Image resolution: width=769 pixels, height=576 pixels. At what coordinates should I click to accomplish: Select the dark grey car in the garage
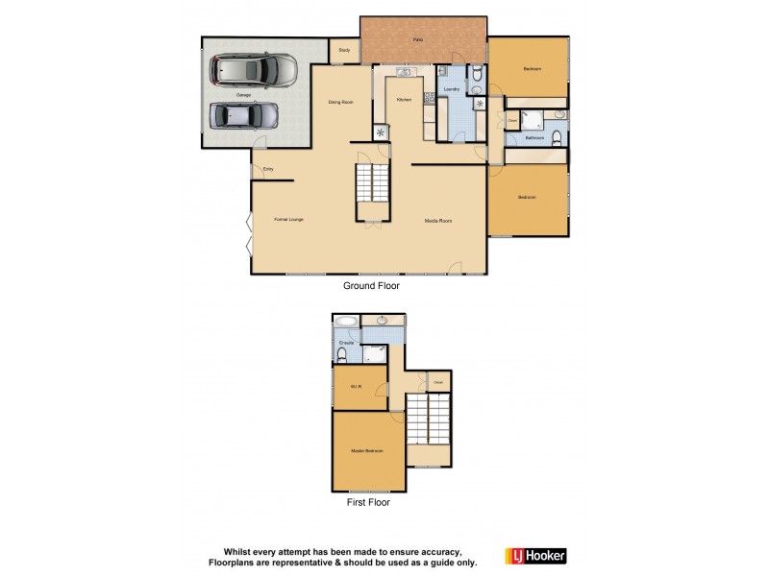[x=245, y=115]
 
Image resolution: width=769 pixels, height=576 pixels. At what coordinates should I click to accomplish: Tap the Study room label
[x=343, y=49]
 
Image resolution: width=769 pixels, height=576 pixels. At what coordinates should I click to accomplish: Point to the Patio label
[x=418, y=39]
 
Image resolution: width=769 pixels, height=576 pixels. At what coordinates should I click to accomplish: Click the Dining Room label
[x=342, y=101]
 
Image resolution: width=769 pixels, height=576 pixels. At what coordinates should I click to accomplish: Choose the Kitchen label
[x=405, y=100]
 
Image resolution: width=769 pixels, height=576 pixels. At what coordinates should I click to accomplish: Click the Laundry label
[x=451, y=88]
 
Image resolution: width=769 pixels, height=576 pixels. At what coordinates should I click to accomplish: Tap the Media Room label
[x=438, y=220]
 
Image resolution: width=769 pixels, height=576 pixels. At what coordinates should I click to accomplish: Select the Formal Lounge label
[x=288, y=220]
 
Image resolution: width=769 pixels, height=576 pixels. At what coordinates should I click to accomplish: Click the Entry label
[x=268, y=170]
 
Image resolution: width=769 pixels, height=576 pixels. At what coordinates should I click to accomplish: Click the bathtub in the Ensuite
[x=347, y=323]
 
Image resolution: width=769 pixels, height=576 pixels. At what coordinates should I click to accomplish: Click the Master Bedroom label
[x=367, y=450]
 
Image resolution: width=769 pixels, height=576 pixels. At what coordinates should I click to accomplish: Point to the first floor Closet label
[x=438, y=382]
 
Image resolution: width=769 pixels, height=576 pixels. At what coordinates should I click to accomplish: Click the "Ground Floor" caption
[x=371, y=285]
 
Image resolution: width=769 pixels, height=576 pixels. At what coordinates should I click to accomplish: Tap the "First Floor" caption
[x=367, y=501]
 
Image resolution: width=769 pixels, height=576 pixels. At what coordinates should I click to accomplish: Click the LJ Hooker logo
[x=535, y=555]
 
